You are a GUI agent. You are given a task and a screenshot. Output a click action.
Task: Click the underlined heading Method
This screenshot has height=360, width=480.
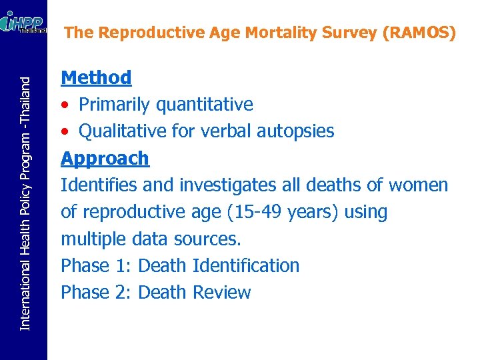coord(96,78)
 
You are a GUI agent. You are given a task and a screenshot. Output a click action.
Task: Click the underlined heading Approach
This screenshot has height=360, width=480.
coord(105,159)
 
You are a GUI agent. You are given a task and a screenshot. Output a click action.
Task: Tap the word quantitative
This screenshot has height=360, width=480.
coord(204,105)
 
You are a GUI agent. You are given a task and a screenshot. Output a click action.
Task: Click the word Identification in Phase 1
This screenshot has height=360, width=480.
coord(245,265)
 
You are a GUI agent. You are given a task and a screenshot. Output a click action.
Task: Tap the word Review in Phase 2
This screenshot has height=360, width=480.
coord(221,292)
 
